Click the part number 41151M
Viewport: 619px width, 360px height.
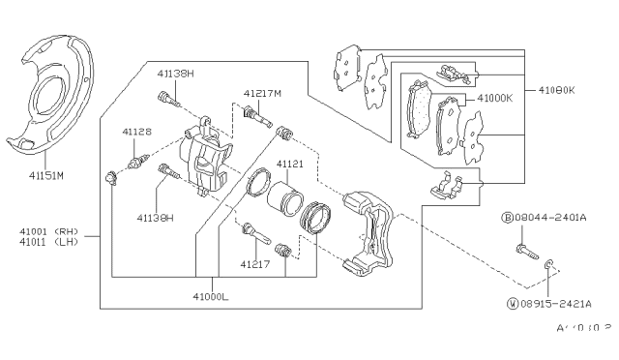pyautogui.click(x=45, y=176)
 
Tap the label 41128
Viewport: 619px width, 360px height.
pyautogui.click(x=135, y=132)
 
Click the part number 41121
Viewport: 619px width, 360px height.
pyautogui.click(x=290, y=165)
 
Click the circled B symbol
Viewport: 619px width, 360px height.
pyautogui.click(x=507, y=219)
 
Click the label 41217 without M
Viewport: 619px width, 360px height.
pyautogui.click(x=255, y=263)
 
